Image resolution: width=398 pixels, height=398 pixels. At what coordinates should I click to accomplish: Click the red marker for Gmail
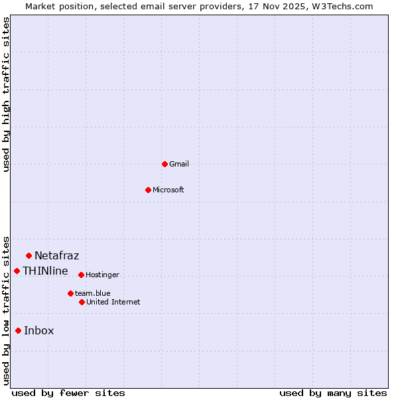[165, 164]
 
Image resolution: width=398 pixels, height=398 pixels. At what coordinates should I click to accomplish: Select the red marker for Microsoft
[148, 190]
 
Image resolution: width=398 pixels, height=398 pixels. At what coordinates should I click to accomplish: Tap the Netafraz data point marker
[29, 255]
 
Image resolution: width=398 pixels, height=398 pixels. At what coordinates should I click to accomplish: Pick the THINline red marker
[17, 271]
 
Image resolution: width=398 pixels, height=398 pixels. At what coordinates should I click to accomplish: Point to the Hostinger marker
[81, 275]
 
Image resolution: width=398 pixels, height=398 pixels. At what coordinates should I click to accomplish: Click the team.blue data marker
[70, 293]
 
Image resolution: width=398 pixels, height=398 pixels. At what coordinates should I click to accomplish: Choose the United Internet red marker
[82, 302]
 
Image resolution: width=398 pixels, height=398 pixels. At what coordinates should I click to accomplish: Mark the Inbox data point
[18, 330]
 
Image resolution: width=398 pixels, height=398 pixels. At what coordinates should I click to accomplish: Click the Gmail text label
[179, 164]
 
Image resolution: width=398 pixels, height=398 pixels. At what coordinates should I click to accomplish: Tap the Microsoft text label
[168, 190]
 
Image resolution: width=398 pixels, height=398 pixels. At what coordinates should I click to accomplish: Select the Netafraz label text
[57, 255]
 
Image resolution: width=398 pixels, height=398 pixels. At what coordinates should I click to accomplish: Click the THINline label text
[45, 271]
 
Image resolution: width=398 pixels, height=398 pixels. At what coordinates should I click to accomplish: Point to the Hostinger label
[103, 275]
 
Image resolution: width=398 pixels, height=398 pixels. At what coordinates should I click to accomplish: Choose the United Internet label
[113, 302]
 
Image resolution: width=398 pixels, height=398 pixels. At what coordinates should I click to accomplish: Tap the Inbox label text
[39, 330]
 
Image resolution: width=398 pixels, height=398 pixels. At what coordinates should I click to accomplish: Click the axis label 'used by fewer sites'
[68, 393]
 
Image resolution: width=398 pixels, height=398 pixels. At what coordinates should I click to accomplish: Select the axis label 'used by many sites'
[333, 393]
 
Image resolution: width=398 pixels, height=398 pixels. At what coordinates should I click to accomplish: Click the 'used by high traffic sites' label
[7, 94]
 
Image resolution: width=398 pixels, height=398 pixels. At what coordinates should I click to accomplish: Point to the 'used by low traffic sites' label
[7, 310]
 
